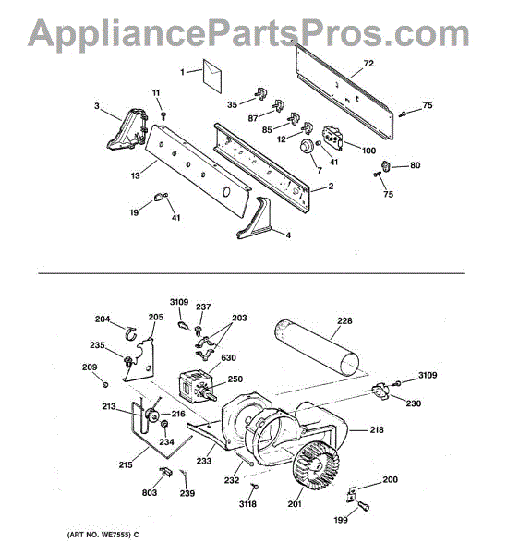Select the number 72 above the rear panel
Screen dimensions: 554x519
pos(368,64)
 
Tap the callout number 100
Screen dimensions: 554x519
pos(368,150)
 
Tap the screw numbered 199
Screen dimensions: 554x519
pos(364,505)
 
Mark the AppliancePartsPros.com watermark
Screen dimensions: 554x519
pos(249,33)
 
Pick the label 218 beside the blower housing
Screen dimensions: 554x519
pos(377,430)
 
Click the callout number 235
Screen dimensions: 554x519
pos(96,346)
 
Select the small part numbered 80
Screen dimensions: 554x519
pos(388,166)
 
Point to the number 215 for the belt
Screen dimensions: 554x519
pos(124,464)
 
